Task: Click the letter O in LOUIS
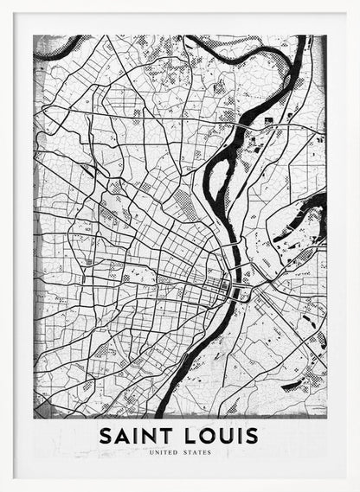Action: (205, 435)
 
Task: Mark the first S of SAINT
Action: (106, 435)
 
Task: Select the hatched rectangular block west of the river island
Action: (183, 205)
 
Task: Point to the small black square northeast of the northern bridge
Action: (268, 119)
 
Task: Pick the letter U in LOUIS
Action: (223, 435)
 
